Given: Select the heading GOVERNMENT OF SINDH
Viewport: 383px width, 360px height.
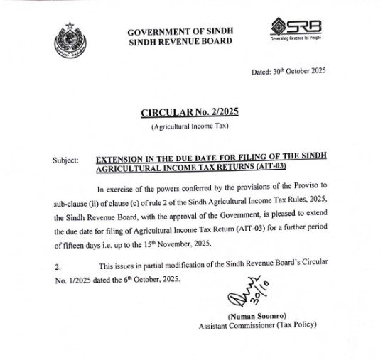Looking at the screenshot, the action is point(180,32).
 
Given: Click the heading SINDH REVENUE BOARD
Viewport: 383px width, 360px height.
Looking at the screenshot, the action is point(180,42).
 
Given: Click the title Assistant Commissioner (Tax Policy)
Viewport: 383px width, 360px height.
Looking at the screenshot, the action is point(257,326).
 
